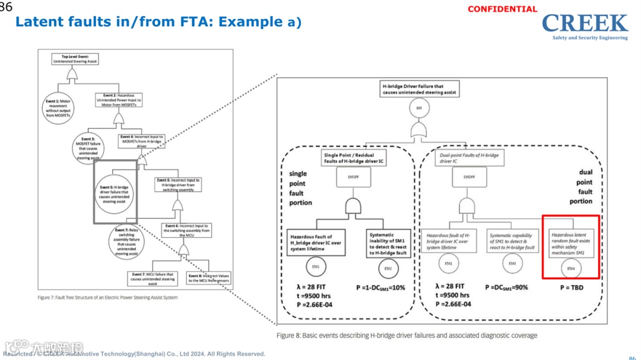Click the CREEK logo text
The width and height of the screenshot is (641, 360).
pos(585,23)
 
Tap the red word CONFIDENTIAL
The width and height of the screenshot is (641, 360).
pos(502,9)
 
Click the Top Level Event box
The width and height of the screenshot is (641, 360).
pos(75,59)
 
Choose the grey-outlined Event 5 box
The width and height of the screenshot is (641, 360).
pos(115,194)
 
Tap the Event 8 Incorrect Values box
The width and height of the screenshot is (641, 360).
pos(210,278)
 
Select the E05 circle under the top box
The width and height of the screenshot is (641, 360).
pos(419,109)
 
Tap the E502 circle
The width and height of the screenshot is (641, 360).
pos(388,268)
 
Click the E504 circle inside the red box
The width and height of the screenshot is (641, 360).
pos(571,268)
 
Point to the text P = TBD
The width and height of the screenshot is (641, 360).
pos(571,288)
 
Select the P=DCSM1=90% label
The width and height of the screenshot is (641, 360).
pos(506,288)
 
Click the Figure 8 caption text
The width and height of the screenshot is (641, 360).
pos(407,336)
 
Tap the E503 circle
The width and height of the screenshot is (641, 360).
pos(512,263)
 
